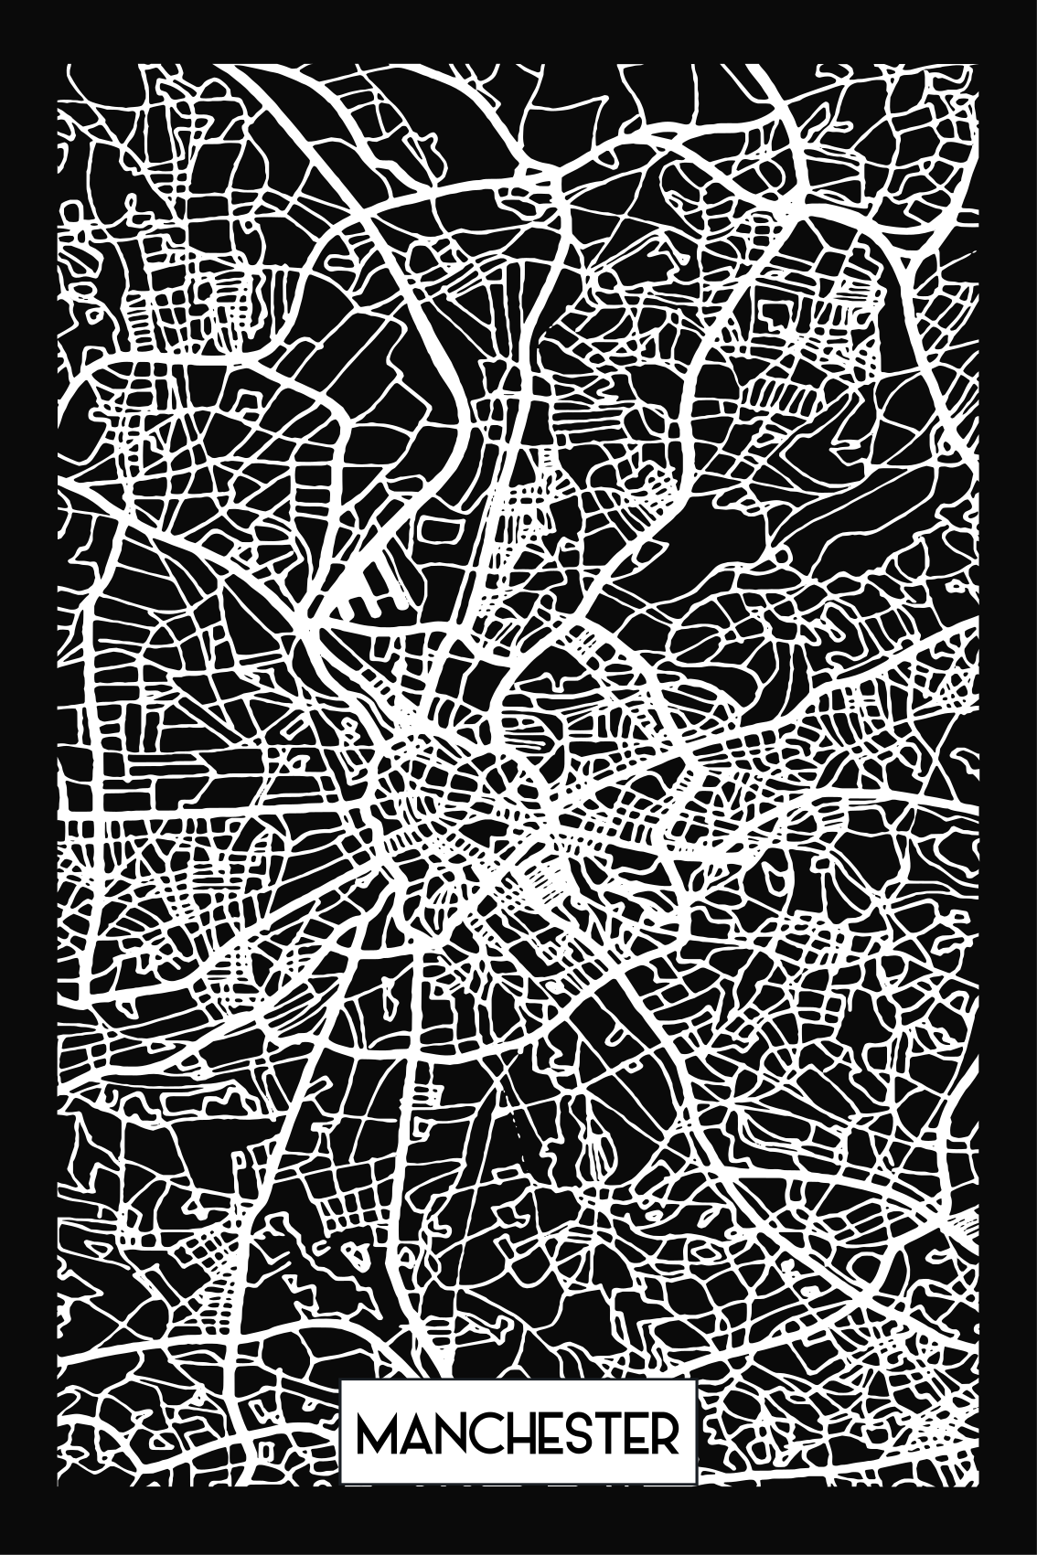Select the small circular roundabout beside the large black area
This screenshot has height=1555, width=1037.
pos(782,555)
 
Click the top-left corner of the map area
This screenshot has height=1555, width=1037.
pos(59,65)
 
